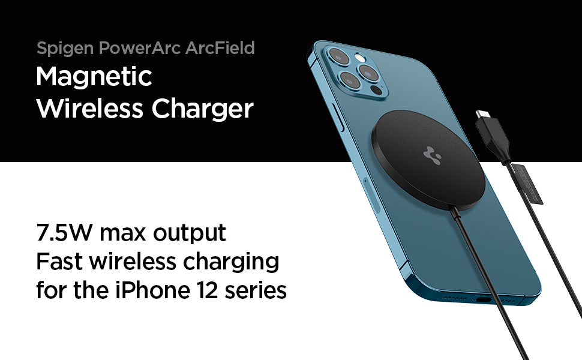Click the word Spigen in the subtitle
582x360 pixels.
[65, 49]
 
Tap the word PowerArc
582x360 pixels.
[140, 48]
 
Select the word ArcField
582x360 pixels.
[220, 48]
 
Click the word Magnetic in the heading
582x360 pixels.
[94, 77]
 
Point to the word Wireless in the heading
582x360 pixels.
[90, 109]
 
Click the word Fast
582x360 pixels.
[59, 261]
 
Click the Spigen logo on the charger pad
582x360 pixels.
[432, 155]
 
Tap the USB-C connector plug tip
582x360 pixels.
[482, 113]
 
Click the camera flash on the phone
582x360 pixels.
[359, 58]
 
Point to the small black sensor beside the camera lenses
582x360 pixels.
[376, 90]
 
